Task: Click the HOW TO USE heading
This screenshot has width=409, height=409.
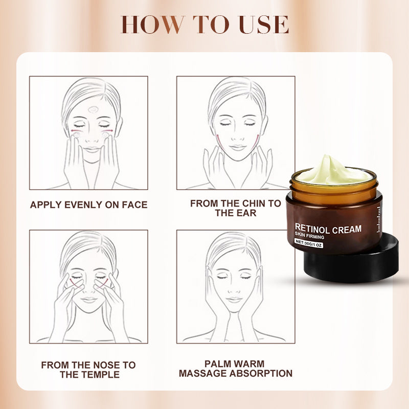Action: tap(204, 25)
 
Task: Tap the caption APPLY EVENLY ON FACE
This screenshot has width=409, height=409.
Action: tap(88, 205)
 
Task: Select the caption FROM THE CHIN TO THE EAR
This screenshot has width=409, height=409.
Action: tap(236, 208)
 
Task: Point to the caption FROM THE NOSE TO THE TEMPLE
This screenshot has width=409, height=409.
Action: tap(88, 370)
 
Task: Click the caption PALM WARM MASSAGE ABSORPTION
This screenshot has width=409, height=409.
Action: tap(236, 369)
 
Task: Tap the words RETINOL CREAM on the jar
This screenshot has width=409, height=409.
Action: tap(328, 230)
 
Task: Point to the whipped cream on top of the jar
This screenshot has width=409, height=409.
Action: tap(333, 173)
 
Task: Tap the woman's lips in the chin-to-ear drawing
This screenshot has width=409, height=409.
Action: tap(237, 147)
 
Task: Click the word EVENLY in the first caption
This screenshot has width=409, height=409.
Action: tap(91, 205)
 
